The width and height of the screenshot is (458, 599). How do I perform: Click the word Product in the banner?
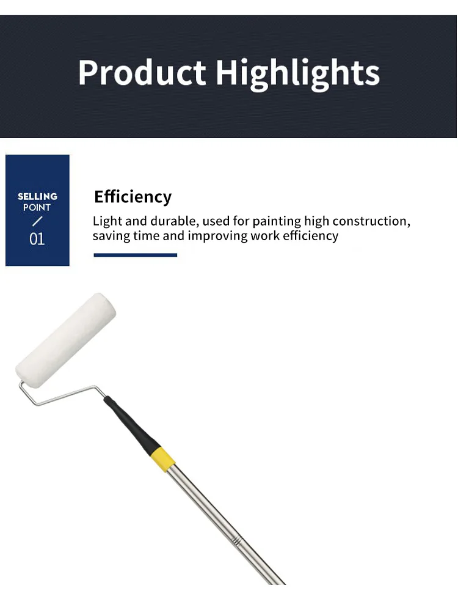142,72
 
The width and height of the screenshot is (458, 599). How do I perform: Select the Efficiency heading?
133,197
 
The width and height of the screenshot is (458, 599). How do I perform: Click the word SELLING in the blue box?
37,196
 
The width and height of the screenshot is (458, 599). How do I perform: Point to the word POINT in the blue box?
37,207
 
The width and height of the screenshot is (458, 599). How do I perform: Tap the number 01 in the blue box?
37,239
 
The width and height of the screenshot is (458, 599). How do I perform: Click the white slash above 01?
37,221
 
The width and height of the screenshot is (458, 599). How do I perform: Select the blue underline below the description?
136,255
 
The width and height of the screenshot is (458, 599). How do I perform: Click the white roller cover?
66,340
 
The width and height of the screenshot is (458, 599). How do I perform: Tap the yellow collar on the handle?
163,459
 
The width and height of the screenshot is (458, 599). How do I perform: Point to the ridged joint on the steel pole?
237,541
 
